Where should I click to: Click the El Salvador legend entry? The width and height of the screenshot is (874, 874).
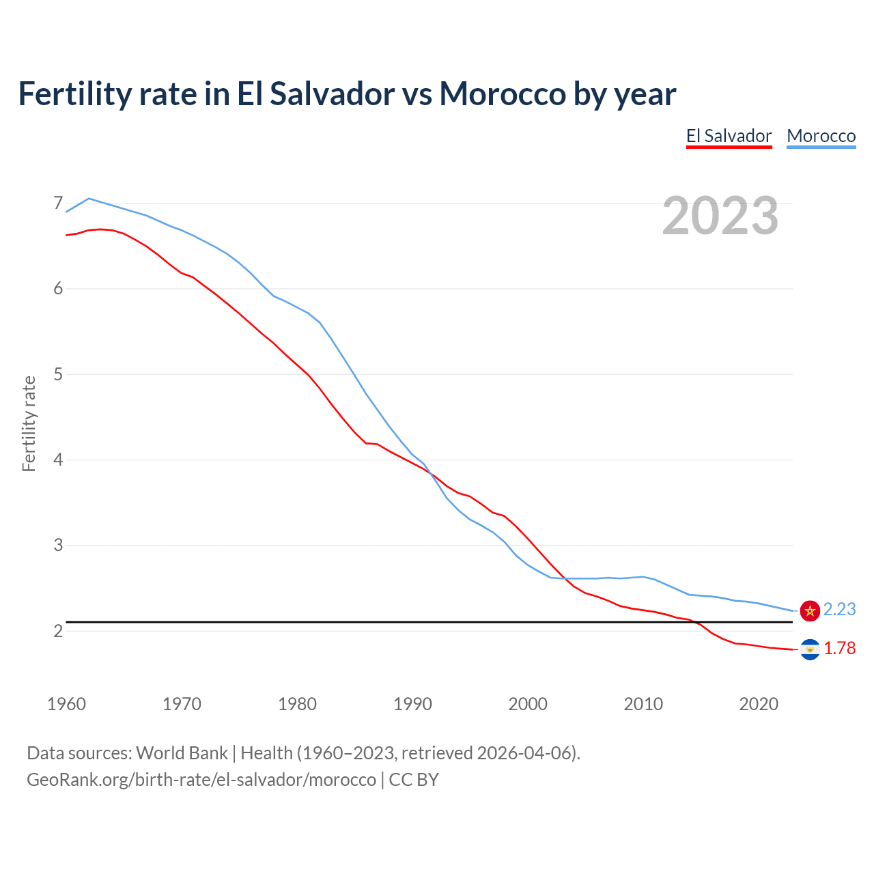pos(729,136)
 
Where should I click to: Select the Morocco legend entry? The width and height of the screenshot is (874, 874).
pos(821,136)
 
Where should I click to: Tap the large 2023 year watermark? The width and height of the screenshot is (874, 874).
pos(720,216)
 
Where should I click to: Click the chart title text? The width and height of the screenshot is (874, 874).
pos(347,94)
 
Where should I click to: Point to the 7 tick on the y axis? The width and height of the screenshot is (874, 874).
pos(58,203)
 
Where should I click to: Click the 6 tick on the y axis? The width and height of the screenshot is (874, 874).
pos(58,289)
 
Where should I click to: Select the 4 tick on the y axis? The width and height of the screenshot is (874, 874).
pos(58,460)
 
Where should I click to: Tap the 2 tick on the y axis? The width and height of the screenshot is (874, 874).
pos(58,631)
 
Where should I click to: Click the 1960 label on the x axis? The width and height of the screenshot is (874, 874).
pos(66,704)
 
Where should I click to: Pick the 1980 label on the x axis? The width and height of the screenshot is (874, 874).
pos(297,704)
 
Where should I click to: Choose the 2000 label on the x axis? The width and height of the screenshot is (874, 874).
pos(528,704)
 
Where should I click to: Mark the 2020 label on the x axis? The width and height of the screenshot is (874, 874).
pos(759,704)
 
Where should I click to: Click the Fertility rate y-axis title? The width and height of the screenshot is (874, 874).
pos(29,423)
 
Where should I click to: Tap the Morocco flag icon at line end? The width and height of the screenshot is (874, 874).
pos(810,610)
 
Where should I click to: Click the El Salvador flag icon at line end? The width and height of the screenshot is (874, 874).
pos(810,649)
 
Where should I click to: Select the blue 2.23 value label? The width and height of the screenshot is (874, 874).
pos(839,609)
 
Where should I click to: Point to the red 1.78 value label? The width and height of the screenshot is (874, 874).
pos(839,648)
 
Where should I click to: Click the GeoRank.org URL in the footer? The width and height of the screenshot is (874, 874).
pos(201,780)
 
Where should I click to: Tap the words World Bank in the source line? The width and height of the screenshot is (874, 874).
pos(182,753)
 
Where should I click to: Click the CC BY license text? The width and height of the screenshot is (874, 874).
pos(414,780)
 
